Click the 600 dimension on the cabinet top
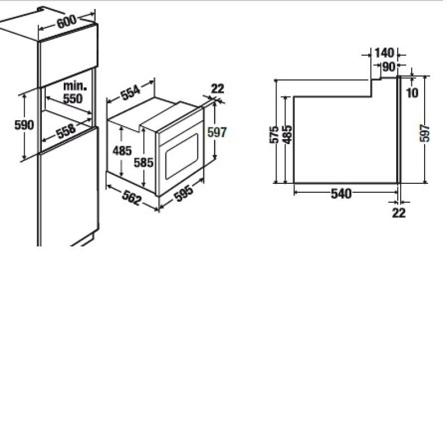pos(66,21)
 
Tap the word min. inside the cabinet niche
pos(75,85)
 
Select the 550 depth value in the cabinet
pos(73,99)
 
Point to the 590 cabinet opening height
pos(24,125)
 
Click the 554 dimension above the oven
pos(131,92)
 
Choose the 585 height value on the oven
pos(144,163)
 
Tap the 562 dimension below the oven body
pos(131,197)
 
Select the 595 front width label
pos(184,193)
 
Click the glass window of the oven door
pos(182,156)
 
